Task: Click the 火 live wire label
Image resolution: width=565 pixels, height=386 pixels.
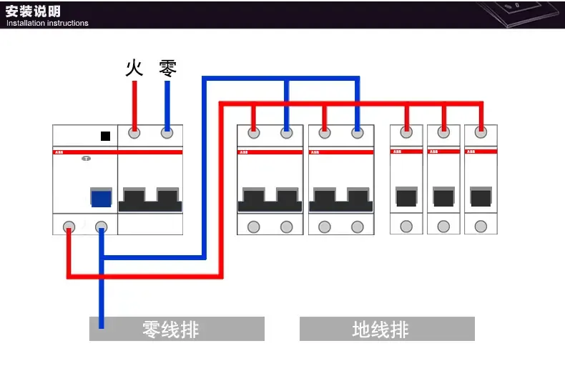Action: pos(134,69)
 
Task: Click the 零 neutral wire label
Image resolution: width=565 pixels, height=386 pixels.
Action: pos(167,69)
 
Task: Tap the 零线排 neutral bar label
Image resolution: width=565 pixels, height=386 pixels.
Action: pos(171,330)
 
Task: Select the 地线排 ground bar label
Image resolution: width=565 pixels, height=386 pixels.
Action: pos(380,330)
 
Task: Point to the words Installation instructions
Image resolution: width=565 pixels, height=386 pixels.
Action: pos(47,23)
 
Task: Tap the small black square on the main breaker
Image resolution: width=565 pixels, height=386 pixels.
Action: pos(105,136)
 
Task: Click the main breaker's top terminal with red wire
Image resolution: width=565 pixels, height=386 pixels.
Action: pos(134,133)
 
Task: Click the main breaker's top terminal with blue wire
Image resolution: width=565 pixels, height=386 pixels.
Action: pos(167,133)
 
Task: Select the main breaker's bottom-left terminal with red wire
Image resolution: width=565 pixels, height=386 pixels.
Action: pos(69,227)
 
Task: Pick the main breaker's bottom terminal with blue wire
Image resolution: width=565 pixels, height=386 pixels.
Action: pos(102,227)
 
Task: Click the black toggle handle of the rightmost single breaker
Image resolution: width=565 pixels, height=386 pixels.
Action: pos(481,196)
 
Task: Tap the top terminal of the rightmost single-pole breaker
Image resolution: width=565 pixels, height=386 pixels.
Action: pos(481,132)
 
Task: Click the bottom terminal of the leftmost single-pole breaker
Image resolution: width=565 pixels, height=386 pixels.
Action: pos(406,227)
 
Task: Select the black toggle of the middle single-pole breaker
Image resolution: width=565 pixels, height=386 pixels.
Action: pos(443,196)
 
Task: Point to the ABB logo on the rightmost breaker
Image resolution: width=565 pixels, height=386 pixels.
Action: pos(471,152)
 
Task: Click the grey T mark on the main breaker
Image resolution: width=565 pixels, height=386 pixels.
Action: pos(87,159)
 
